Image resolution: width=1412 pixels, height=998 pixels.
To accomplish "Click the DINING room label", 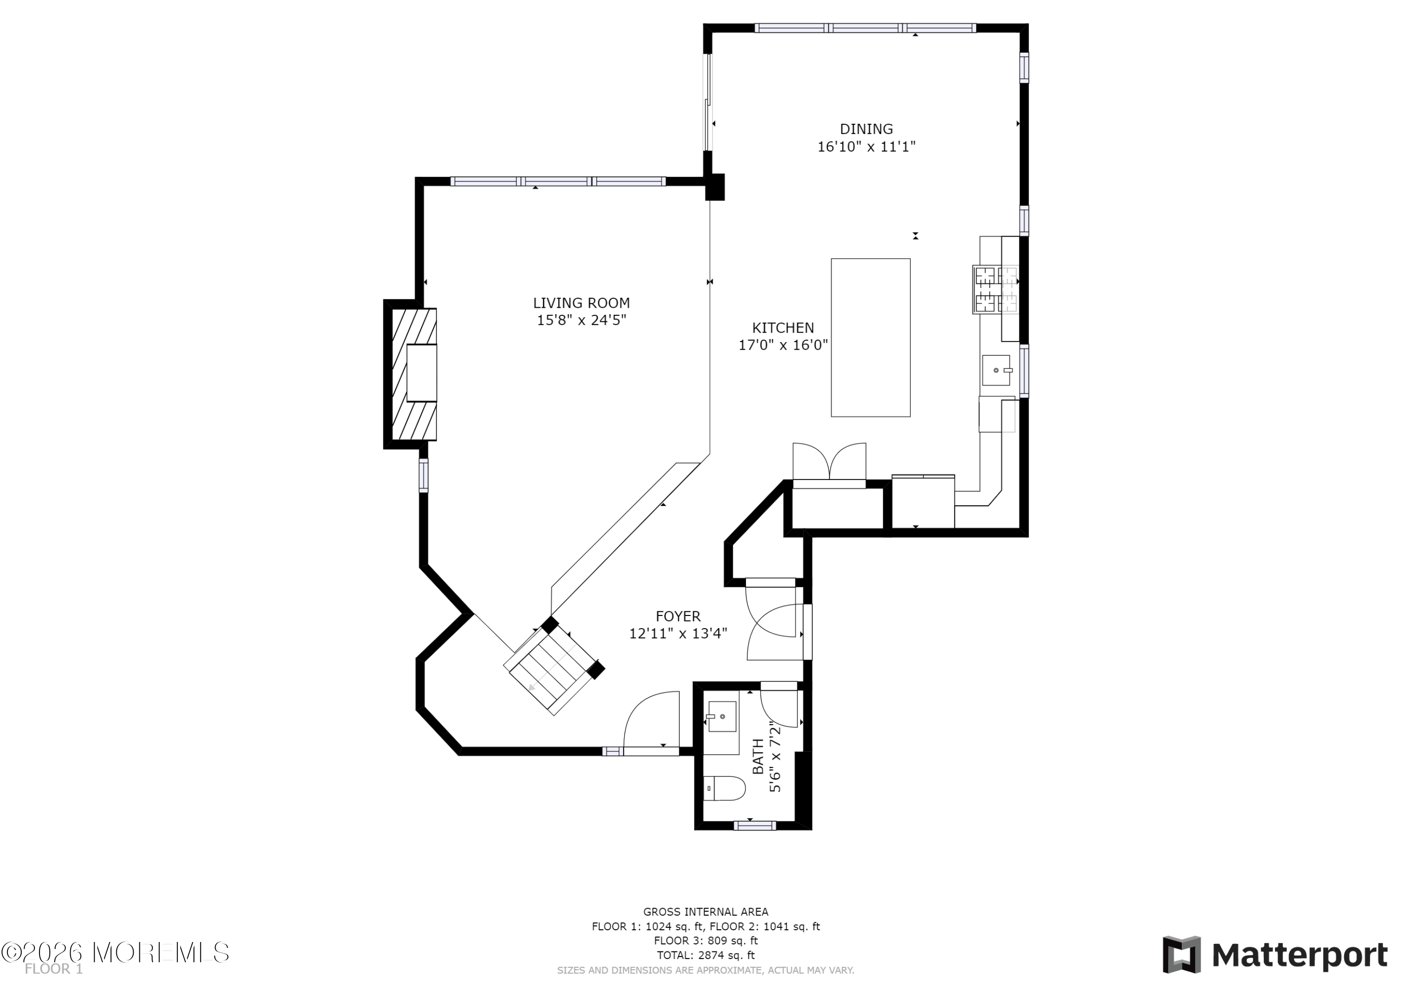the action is click(866, 129).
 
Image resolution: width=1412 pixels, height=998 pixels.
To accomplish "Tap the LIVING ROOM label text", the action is click(581, 303).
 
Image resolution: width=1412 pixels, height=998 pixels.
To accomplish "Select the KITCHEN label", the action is click(783, 328).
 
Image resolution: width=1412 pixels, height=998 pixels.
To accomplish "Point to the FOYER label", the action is click(678, 616).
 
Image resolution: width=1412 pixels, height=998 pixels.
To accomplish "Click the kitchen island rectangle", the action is click(870, 337).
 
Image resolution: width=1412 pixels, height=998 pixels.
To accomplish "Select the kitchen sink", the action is click(995, 370).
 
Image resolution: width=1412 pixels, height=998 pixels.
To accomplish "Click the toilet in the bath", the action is click(724, 788).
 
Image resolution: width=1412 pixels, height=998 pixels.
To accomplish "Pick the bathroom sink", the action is click(722, 716).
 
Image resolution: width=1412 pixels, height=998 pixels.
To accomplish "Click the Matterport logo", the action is click(1275, 954).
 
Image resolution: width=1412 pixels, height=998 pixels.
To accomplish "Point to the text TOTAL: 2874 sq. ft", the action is click(706, 955).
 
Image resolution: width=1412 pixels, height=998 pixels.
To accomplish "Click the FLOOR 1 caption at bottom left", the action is click(54, 969).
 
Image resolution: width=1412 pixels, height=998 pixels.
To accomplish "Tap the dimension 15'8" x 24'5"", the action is click(581, 320).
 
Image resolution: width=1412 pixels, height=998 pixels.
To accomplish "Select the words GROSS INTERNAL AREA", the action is click(706, 912).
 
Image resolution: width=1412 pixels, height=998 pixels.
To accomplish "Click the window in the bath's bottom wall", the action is click(754, 825).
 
